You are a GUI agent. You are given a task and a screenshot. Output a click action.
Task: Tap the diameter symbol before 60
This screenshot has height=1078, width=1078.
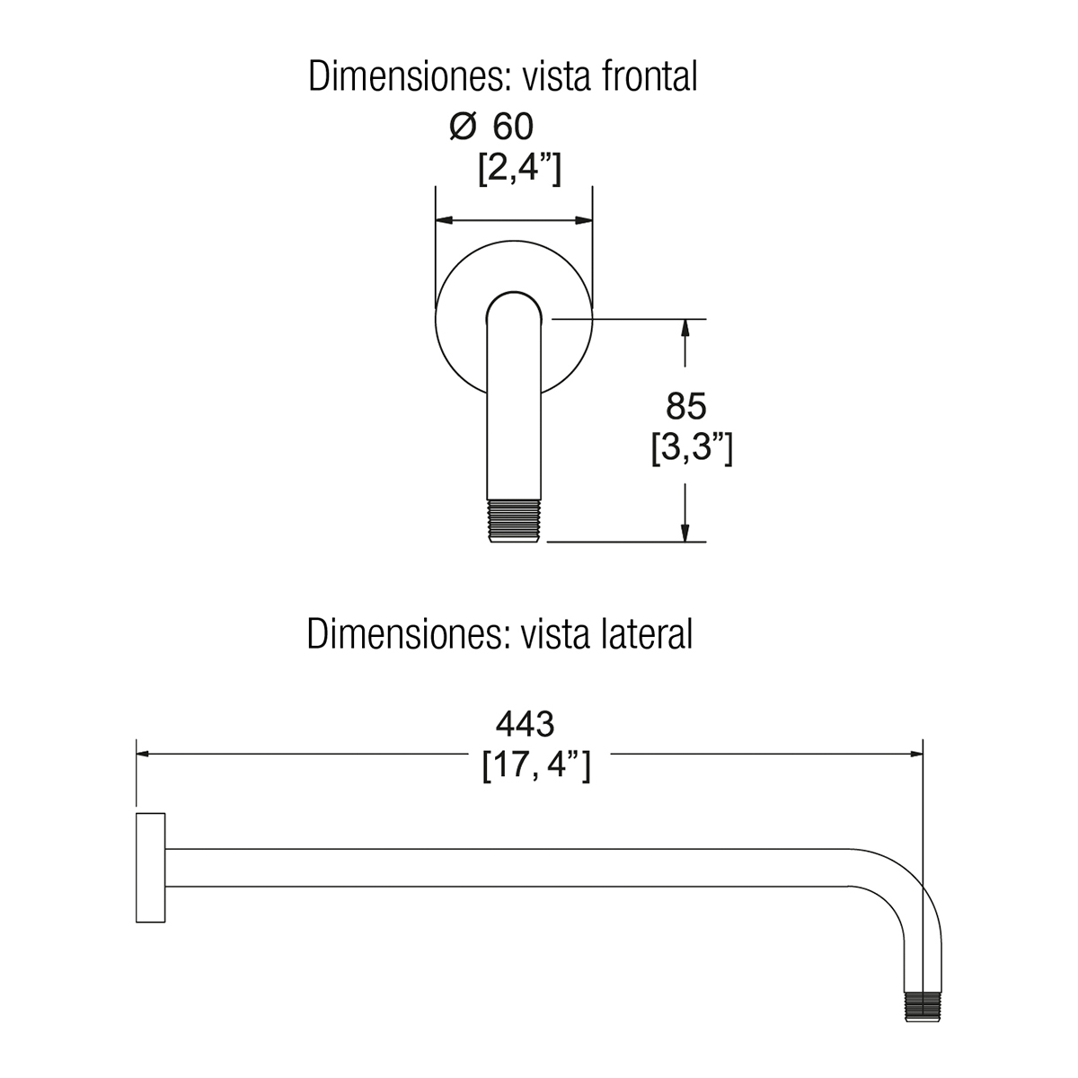click(x=464, y=127)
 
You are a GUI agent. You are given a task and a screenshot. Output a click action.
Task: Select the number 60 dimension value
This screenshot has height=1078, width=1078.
click(x=513, y=127)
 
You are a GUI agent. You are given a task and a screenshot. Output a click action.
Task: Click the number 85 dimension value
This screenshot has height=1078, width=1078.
click(x=685, y=406)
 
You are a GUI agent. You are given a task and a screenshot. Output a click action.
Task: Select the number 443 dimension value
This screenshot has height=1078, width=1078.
click(x=525, y=724)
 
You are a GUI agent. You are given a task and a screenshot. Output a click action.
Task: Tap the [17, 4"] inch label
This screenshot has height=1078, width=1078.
click(x=536, y=766)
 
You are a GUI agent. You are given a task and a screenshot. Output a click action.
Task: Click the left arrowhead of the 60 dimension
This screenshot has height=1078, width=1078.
click(x=444, y=220)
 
